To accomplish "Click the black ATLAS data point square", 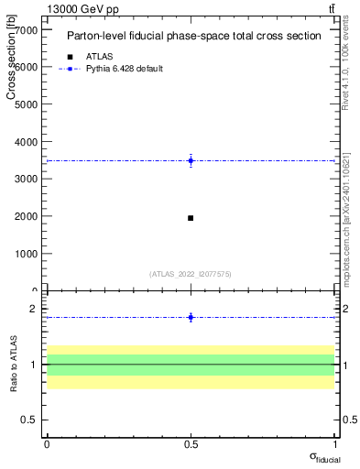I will [191, 218].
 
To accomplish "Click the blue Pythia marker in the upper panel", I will [191, 160].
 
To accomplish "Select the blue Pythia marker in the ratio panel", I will [191, 317].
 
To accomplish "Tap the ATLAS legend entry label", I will [99, 56].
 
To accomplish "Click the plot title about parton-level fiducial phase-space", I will [193, 37].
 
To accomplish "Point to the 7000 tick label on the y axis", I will [25, 30].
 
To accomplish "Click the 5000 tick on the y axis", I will [25, 104].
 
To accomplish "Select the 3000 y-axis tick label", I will [25, 180].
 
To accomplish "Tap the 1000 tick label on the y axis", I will [25, 254].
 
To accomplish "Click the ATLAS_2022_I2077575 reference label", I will [191, 274].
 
